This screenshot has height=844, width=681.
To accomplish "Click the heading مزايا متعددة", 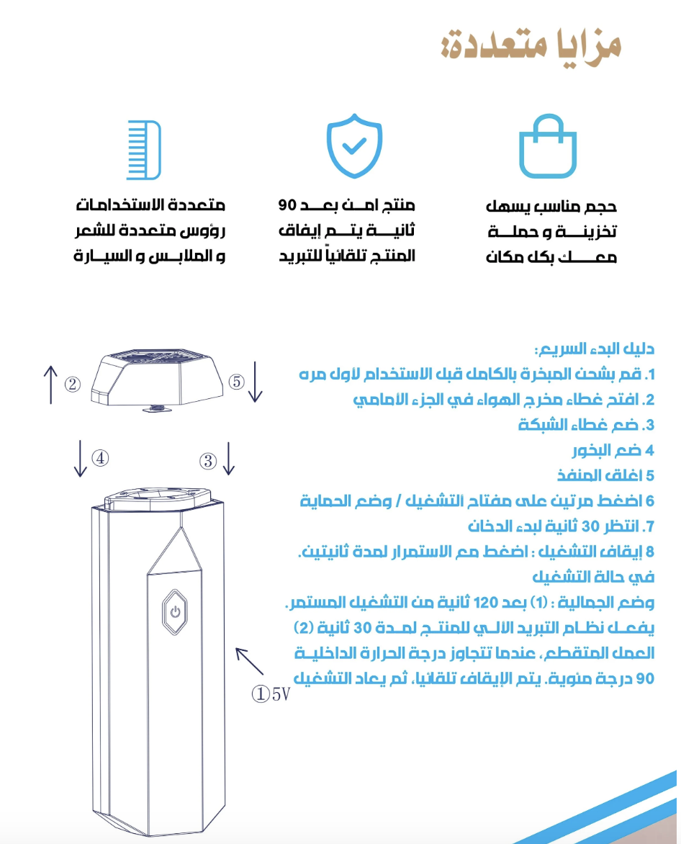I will pos(531,45).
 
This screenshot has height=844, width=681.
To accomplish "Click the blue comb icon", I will pos(144,150).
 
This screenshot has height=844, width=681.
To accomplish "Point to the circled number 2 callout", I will pos(72,384).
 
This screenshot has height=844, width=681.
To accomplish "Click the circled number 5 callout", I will pos(237,382).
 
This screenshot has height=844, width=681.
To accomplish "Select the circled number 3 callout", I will pos(208,461).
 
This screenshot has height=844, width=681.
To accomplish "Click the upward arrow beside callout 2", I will pos(51,384).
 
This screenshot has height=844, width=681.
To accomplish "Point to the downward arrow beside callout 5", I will pos(256,382).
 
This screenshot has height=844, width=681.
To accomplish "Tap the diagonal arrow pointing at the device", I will pos(250,660).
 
